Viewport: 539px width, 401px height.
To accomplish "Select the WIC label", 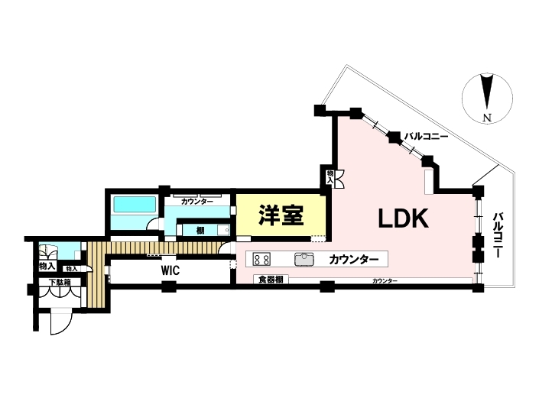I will tap(170, 270).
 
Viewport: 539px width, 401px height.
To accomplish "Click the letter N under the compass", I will tap(485, 117).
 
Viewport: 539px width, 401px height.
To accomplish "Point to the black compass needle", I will tap(485, 92).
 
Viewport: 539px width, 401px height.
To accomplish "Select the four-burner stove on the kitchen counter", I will tap(263, 259).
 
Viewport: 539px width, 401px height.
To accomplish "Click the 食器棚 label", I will tap(271, 280).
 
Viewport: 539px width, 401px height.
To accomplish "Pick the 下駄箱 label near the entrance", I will tap(60, 283).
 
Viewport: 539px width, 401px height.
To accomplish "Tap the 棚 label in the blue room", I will tap(200, 229).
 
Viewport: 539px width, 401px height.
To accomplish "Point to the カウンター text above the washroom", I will tap(197, 201).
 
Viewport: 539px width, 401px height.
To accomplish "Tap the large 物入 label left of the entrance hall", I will tap(46, 266).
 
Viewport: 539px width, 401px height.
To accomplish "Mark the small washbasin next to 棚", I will tap(222, 229).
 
